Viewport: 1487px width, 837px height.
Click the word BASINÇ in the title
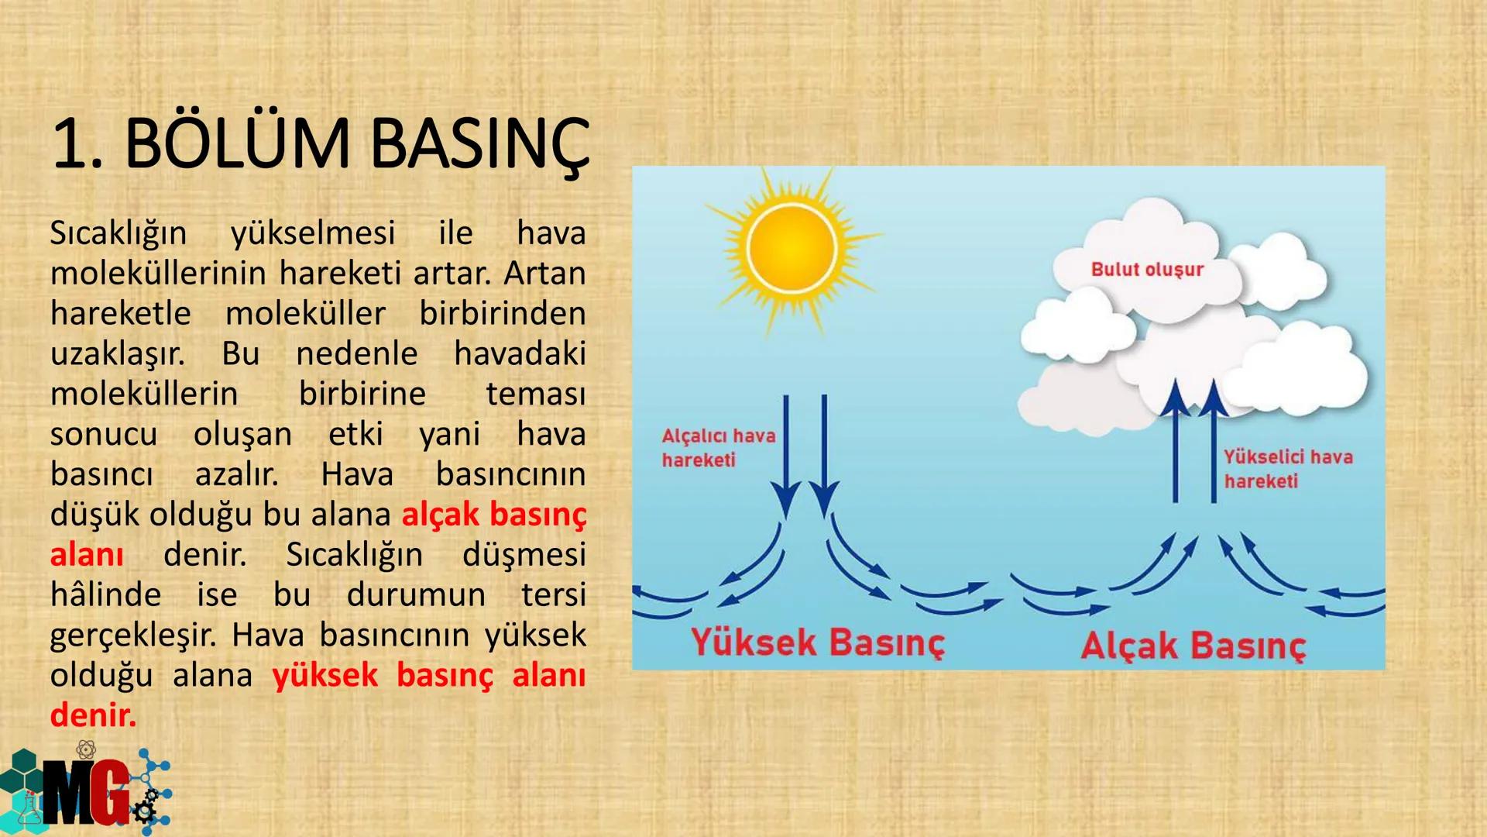click(x=480, y=145)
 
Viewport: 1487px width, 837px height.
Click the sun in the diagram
click(x=792, y=248)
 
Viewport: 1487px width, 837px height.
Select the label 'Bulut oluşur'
click(x=1147, y=270)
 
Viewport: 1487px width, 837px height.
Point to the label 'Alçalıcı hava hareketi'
click(x=718, y=448)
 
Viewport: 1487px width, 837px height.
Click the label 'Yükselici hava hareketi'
click(x=1288, y=469)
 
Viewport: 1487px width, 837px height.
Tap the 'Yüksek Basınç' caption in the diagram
click(x=818, y=643)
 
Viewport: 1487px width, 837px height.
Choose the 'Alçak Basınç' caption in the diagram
click(x=1193, y=646)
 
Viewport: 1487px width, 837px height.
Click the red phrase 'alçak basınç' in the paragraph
click(x=494, y=515)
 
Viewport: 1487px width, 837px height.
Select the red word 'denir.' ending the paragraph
click(x=93, y=715)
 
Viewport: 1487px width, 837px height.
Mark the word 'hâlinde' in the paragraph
click(x=105, y=595)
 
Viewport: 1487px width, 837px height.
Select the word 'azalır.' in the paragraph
click(x=236, y=474)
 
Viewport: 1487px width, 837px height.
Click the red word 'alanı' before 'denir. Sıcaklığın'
click(x=87, y=555)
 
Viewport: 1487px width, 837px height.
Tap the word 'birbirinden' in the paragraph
click(x=503, y=313)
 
